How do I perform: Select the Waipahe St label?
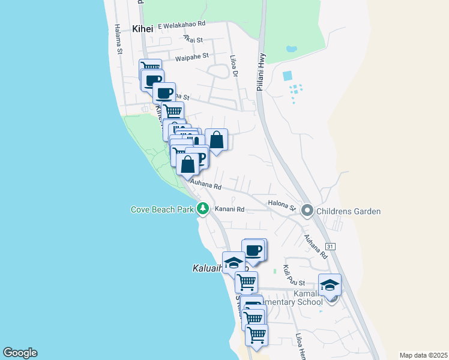(192, 56)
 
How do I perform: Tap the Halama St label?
(118, 40)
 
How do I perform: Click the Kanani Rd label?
(232, 209)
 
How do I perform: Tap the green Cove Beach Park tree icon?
(203, 208)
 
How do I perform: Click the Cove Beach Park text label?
(162, 209)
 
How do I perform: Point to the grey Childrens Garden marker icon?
(307, 210)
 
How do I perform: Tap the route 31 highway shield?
(330, 247)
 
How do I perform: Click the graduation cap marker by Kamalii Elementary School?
(330, 285)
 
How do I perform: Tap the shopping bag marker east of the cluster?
(216, 140)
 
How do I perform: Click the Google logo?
(20, 353)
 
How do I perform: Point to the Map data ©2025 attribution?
(423, 355)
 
